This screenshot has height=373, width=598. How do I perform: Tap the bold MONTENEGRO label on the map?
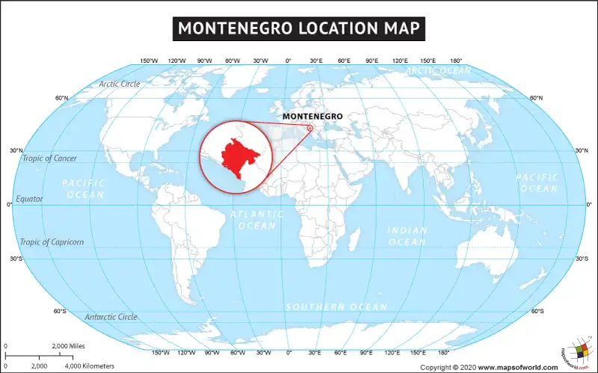[x=312, y=117]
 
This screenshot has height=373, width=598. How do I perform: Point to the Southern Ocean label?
[x=336, y=307]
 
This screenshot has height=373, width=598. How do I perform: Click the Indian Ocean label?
[x=407, y=236]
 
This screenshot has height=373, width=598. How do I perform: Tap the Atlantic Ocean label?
[x=257, y=220]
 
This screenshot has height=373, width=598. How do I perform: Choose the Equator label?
[x=29, y=199]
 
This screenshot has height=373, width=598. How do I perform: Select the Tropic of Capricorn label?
[x=52, y=242]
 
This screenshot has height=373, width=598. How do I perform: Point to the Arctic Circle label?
[x=120, y=84]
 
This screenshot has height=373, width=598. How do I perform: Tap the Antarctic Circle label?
[x=111, y=317]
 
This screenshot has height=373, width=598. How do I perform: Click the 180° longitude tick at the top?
[x=455, y=61]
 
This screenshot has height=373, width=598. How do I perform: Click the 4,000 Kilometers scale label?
[x=89, y=366]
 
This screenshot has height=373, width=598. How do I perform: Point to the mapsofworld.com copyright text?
[x=489, y=367]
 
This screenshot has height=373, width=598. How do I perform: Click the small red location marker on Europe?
[x=309, y=127]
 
